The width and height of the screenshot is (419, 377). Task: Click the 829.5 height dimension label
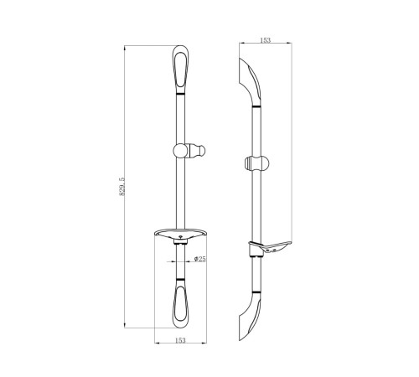[122, 186]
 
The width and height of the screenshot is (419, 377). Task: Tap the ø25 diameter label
[200, 259]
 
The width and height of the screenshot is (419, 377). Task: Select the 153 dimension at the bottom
[180, 340]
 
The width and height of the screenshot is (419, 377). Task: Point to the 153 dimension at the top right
[265, 40]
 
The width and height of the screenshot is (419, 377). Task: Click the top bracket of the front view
[180, 69]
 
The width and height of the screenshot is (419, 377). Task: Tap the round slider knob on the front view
[180, 151]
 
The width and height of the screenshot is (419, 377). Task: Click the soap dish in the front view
[181, 236]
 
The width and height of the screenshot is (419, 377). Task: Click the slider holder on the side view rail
[256, 163]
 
